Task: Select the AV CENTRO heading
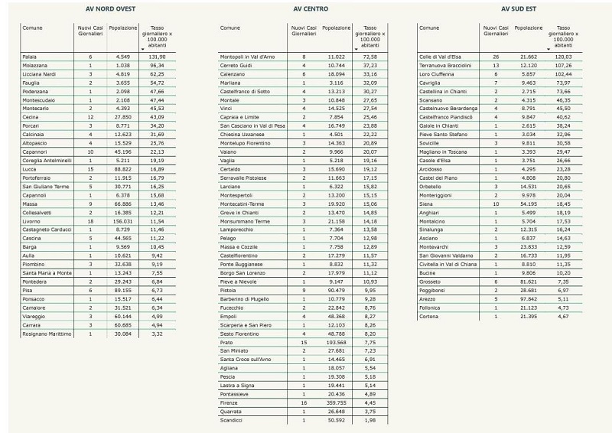tap(311, 9)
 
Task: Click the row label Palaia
tap(30, 57)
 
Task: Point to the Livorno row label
tap(32, 220)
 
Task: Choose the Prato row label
tap(227, 342)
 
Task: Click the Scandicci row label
tap(232, 419)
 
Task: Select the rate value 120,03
tap(556, 57)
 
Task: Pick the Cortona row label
tap(429, 316)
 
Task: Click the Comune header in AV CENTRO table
tap(230, 28)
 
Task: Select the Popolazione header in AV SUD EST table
tap(529, 28)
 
